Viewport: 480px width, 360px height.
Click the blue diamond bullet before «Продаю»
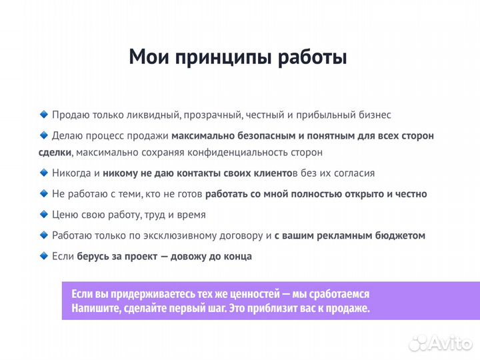coord(44,115)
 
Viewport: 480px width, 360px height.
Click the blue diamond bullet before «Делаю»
coord(44,135)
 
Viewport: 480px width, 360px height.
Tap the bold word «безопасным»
coord(262,136)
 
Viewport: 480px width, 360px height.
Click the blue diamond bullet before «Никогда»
coord(44,173)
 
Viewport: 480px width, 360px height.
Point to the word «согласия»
coord(354,173)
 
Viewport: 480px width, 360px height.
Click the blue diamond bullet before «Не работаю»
coord(44,193)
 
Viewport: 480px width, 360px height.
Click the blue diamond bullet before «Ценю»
coord(44,215)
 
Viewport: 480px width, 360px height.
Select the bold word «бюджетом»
coord(399,236)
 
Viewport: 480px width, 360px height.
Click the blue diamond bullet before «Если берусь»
coord(44,256)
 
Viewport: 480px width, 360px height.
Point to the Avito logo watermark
coord(441,343)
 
